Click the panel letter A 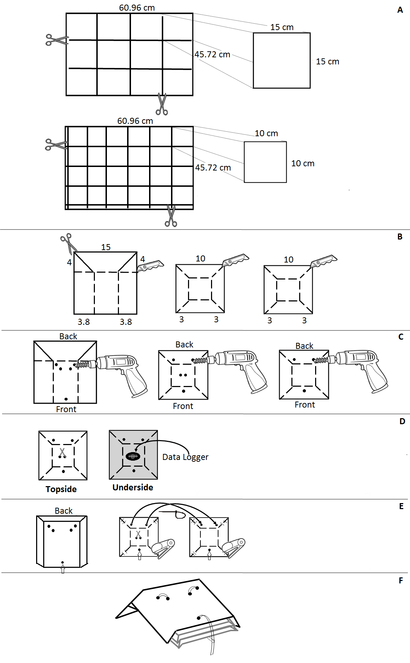click(400, 10)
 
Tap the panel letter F click(401, 581)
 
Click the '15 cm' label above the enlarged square click(282, 27)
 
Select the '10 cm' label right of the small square click(303, 163)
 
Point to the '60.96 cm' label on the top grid click(137, 8)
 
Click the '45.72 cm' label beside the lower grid click(213, 168)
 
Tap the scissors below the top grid click(162, 104)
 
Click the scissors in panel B click(68, 243)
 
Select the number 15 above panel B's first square click(106, 247)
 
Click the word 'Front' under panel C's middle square click(183, 406)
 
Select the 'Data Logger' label click(185, 457)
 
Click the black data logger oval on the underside click(133, 456)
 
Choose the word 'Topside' click(61, 489)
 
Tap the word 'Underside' click(133, 488)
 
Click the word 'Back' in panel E click(64, 511)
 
